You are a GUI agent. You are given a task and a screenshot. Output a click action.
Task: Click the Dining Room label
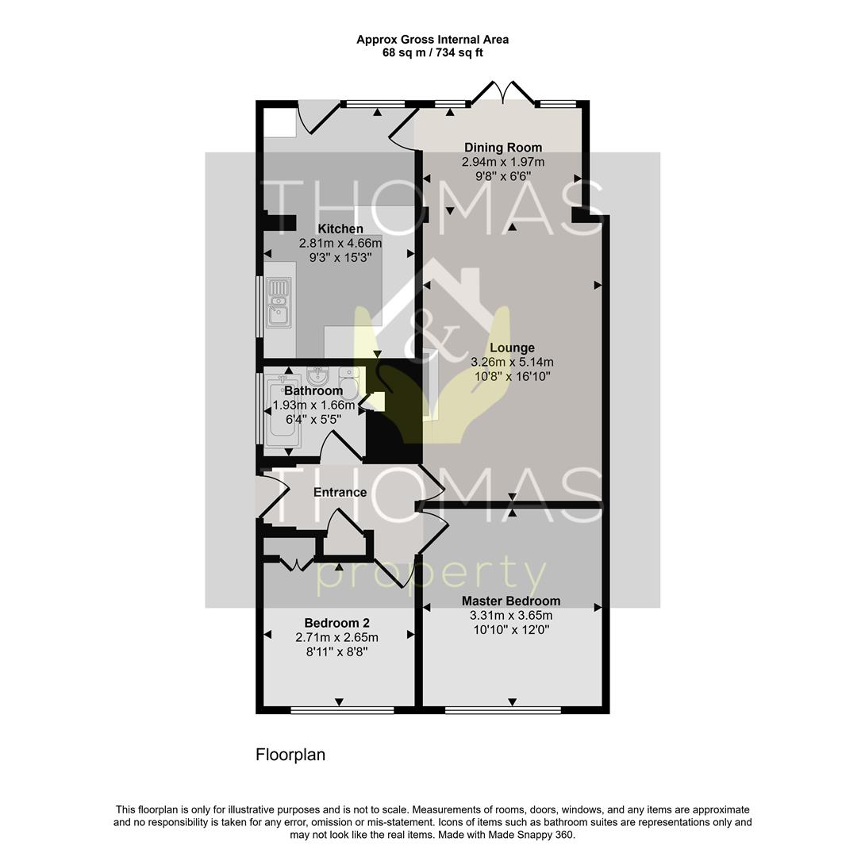pos(503,148)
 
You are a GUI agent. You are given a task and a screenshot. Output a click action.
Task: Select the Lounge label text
pos(512,348)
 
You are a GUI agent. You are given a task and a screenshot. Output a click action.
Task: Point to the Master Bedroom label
pos(511,601)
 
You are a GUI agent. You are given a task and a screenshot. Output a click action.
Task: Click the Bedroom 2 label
pos(336,623)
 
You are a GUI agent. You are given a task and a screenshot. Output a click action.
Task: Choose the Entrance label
pos(340,492)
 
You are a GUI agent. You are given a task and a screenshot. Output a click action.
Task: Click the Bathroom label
pos(313,390)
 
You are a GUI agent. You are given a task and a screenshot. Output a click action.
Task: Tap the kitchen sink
pos(279,302)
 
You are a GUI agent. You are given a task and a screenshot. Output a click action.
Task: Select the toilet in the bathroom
pos(348,383)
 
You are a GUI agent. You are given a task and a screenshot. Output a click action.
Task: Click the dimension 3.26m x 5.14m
pos(512,362)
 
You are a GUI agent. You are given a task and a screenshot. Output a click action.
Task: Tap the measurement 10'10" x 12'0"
pos(511,630)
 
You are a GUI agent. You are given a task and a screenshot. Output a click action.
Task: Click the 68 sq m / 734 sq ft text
pos(432,53)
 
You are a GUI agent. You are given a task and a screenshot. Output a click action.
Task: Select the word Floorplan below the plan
pos(290,755)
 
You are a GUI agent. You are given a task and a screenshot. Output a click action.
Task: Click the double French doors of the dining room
pos(502,94)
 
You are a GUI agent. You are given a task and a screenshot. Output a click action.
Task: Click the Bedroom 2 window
pos(342,709)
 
